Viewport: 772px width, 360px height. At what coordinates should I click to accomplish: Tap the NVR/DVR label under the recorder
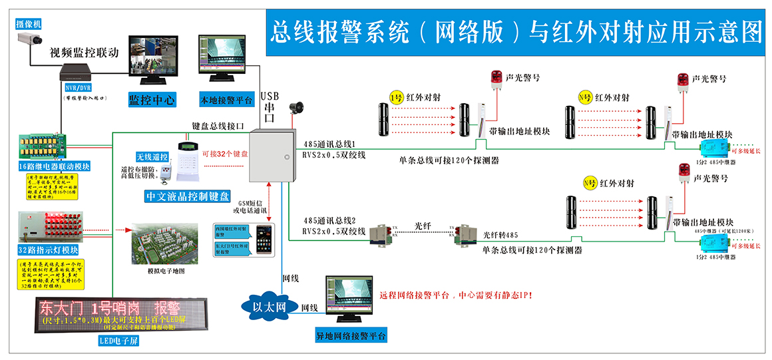pyautogui.click(x=78, y=87)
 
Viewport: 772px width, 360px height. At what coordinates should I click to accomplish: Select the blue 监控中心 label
pyautogui.click(x=152, y=100)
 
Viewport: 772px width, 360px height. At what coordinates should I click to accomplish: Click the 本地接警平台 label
pyautogui.click(x=226, y=100)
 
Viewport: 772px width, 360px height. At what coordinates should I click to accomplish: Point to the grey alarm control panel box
pyautogui.click(x=271, y=156)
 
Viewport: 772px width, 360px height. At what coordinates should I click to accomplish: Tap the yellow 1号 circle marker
pyautogui.click(x=396, y=97)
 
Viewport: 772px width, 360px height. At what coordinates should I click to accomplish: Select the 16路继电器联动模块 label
pyautogui.click(x=55, y=166)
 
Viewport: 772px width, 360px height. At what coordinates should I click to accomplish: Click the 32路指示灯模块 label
pyautogui.click(x=49, y=250)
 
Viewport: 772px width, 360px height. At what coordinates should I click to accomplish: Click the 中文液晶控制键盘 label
pyautogui.click(x=188, y=197)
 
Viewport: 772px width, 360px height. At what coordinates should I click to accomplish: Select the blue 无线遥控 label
pyautogui.click(x=152, y=157)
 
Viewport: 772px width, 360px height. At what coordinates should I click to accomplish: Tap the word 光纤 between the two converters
pyautogui.click(x=424, y=226)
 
